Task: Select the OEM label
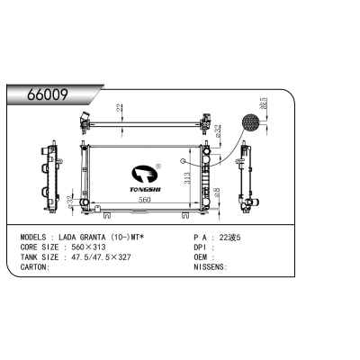point(202,258)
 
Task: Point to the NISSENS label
point(211,267)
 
